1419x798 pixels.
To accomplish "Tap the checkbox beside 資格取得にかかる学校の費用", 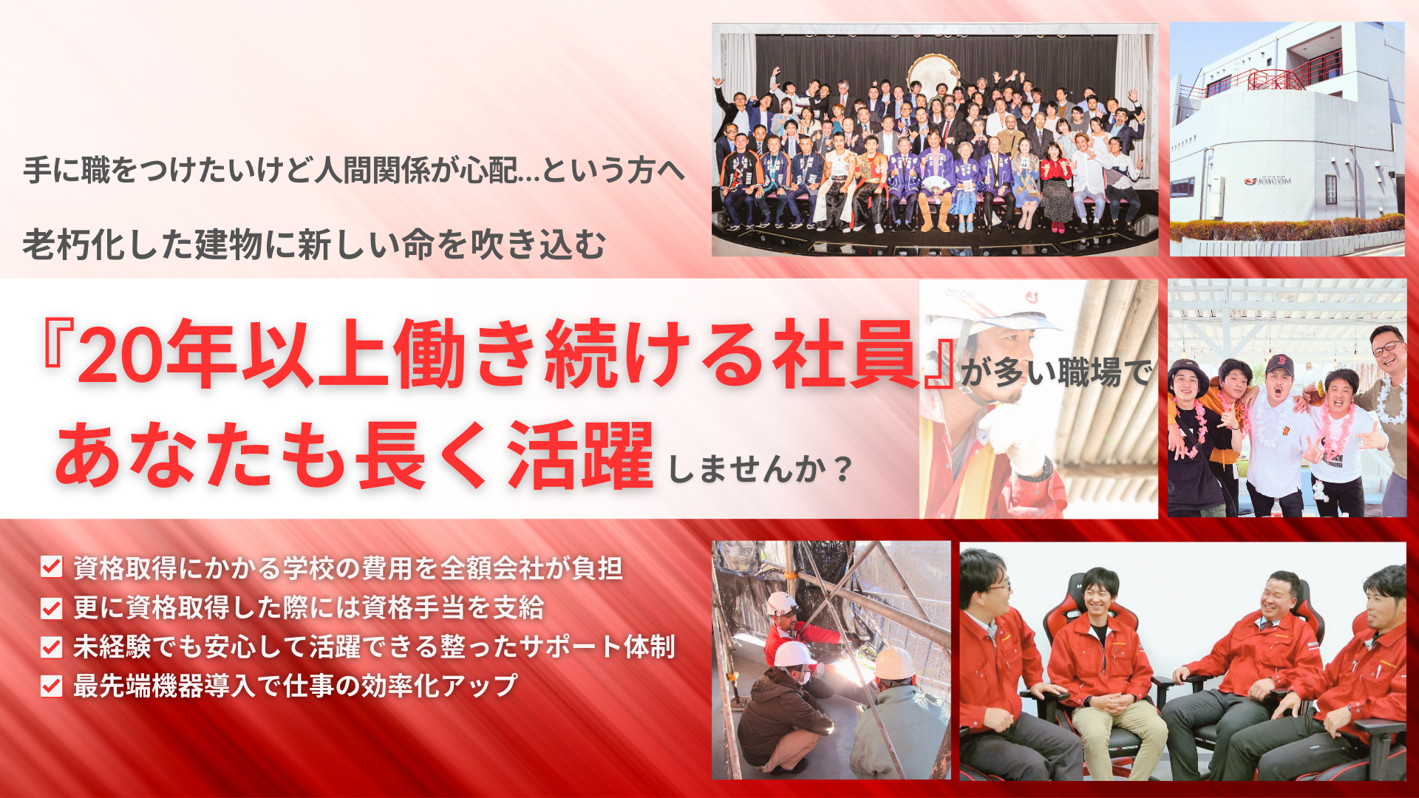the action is tap(51, 567).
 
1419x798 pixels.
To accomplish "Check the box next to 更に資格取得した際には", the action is tap(51, 608).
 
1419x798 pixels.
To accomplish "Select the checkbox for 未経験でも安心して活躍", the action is tap(51, 647).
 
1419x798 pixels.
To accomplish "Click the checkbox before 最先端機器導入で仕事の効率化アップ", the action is tap(51, 686).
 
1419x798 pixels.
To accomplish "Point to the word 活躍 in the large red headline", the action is tap(580, 456).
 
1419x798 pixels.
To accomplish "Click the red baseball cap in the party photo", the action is tap(1279, 365).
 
